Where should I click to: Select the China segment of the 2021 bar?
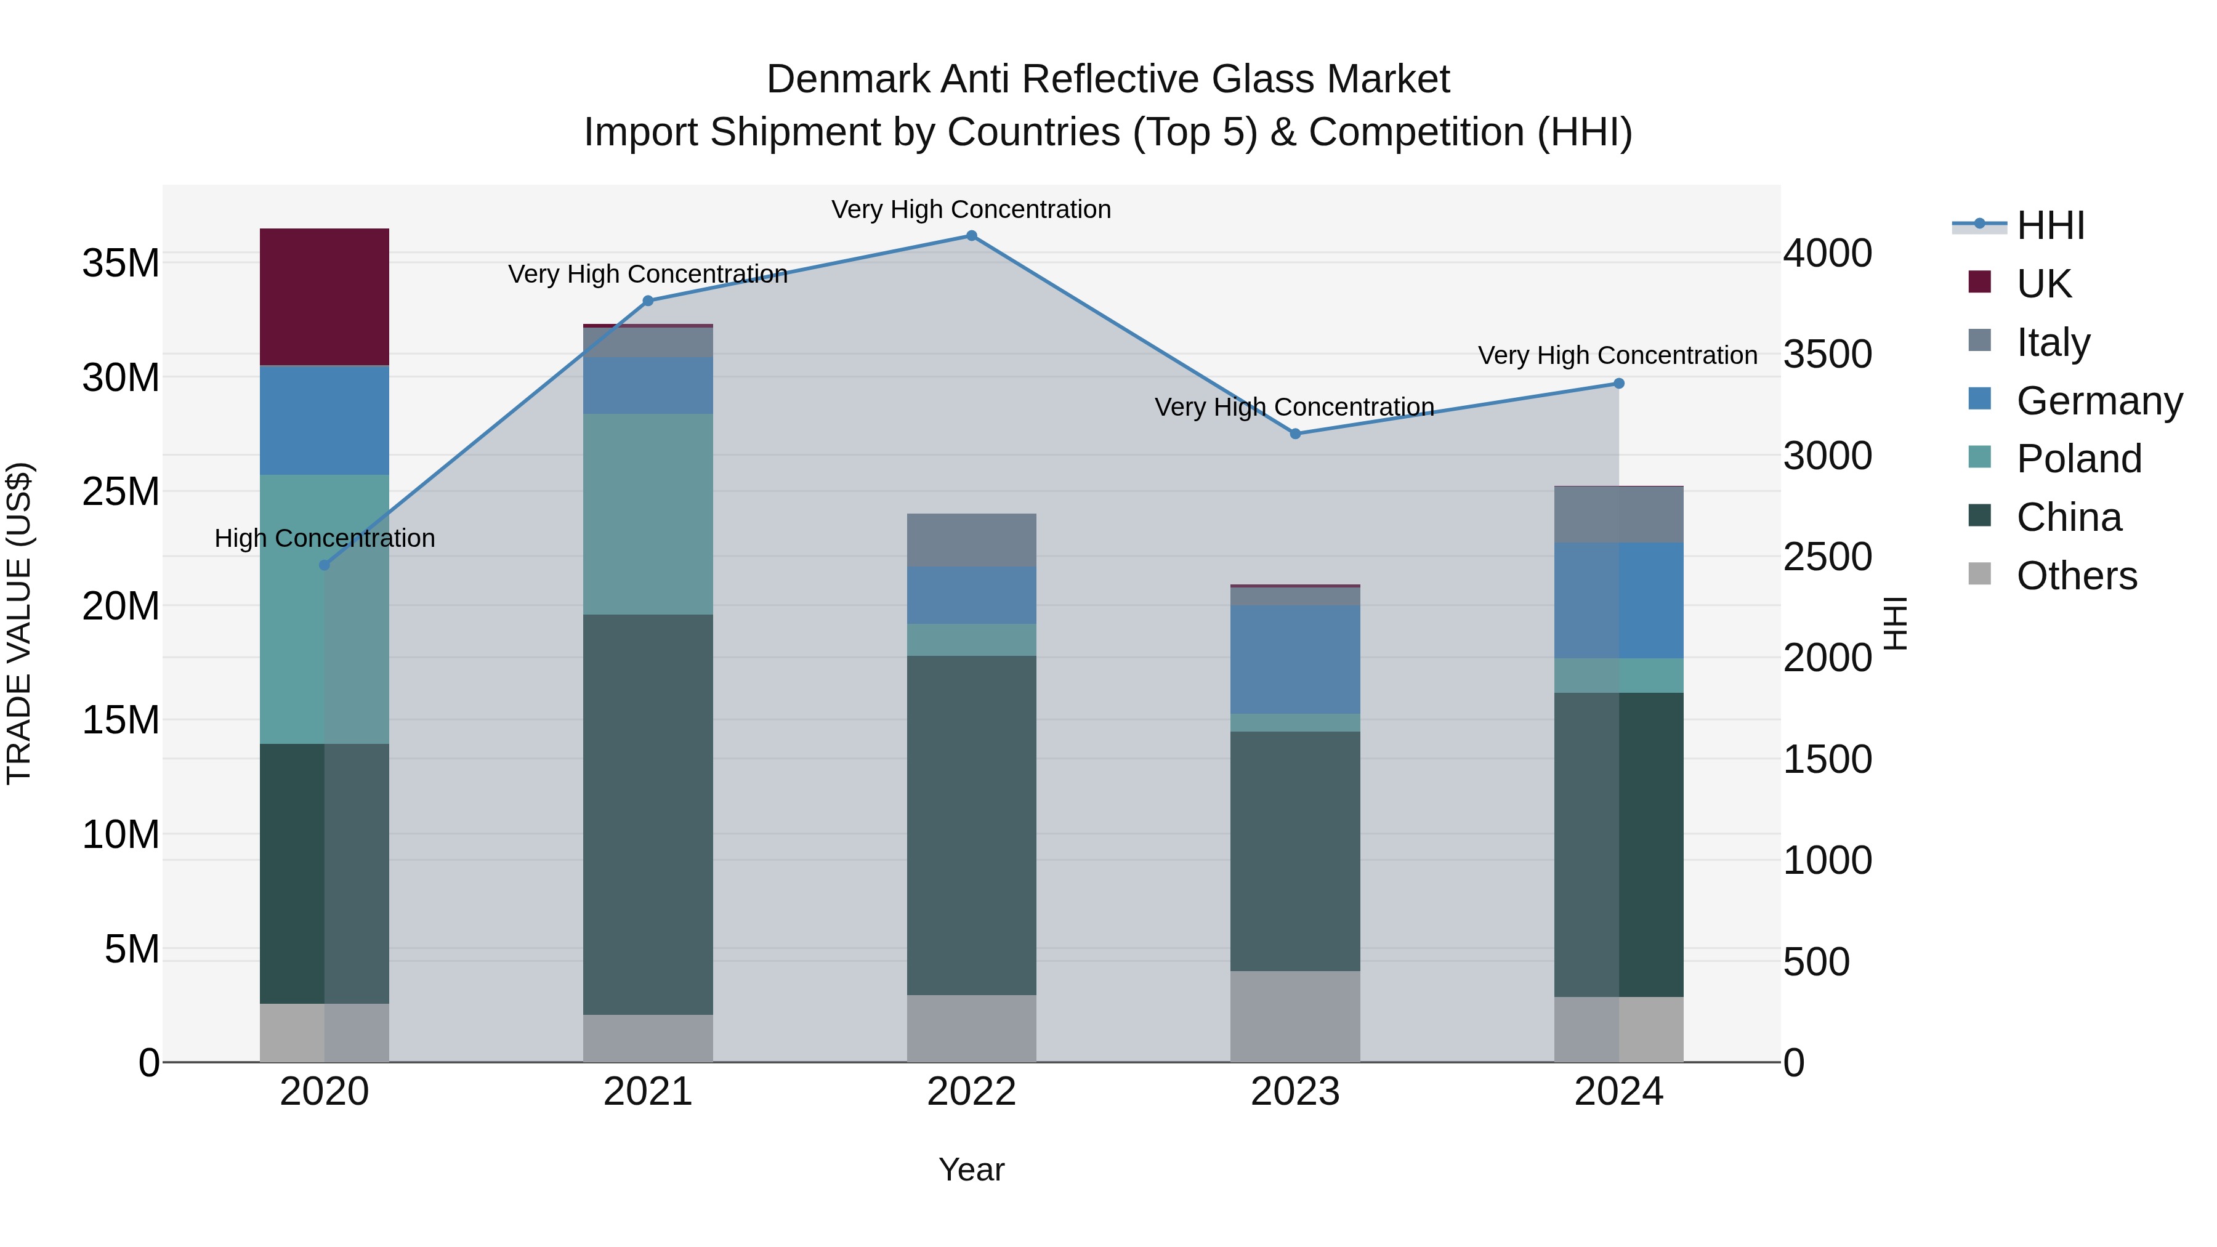coord(648,814)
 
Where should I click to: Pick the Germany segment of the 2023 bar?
coord(1295,659)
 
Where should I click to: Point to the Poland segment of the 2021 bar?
coord(648,514)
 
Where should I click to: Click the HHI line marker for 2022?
coord(972,236)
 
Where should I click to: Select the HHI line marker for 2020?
coord(325,565)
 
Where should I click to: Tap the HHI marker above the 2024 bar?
coord(1619,384)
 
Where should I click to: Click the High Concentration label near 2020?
coord(325,539)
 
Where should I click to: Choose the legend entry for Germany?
coord(2098,401)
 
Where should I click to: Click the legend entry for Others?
coord(2076,576)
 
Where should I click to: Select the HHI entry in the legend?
coord(2050,225)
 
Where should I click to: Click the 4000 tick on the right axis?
coord(1827,254)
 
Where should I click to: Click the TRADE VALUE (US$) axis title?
coord(20,623)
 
